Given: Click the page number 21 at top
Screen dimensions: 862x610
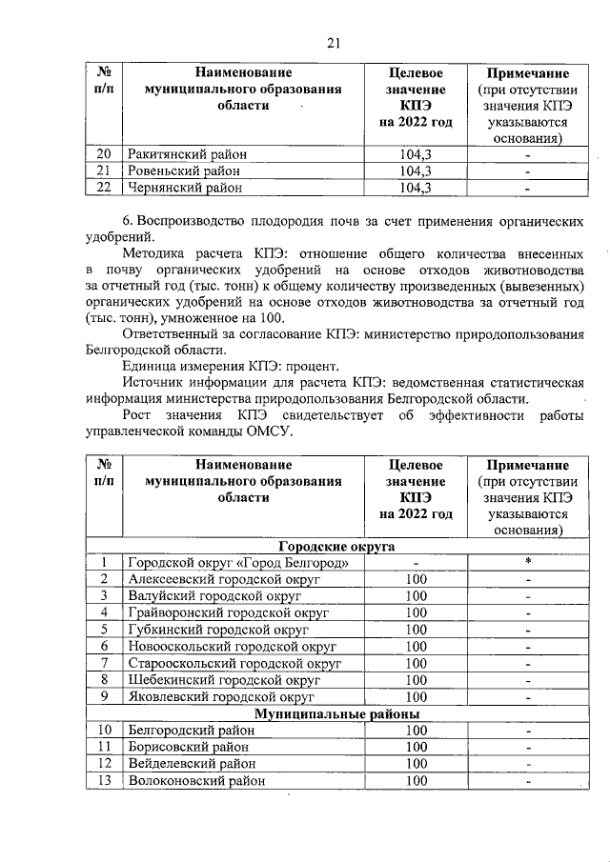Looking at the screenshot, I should [334, 42].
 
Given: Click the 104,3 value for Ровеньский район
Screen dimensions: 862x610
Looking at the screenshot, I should [416, 171].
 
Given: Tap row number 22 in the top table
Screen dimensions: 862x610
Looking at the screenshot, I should [105, 188].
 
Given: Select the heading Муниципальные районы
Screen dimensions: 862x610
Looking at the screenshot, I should [337, 713].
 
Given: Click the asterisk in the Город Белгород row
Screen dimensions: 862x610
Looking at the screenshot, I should [526, 562].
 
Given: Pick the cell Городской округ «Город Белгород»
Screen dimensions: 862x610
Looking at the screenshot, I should [245, 563].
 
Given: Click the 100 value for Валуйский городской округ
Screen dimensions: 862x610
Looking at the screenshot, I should [416, 596].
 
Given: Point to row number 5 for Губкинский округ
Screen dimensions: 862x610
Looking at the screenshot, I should [105, 631].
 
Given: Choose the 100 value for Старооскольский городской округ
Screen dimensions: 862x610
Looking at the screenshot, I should [416, 664].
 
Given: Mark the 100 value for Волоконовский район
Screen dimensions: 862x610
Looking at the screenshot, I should [416, 781].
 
